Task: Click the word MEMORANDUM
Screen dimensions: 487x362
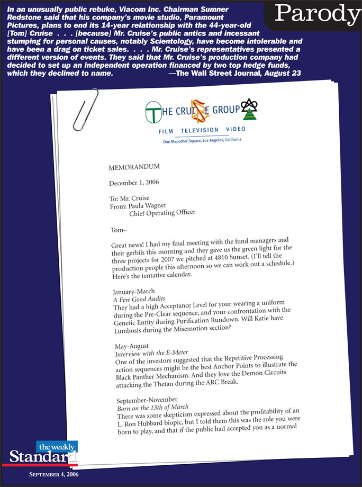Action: (x=134, y=168)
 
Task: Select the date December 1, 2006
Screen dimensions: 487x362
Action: (x=134, y=183)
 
